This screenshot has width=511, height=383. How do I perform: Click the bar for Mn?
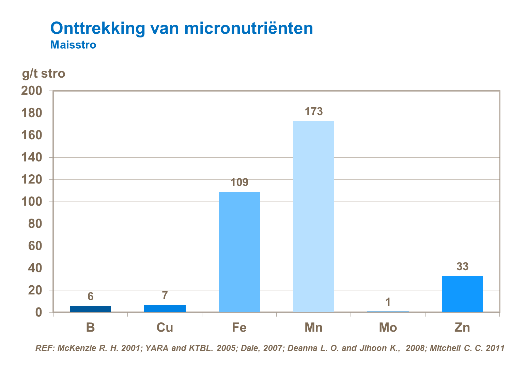(x=313, y=217)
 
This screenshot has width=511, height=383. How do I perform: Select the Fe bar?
(x=239, y=252)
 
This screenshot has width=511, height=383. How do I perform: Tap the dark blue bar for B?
(x=90, y=309)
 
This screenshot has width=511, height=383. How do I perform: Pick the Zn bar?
(x=462, y=294)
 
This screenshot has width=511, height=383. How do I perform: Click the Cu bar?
(x=165, y=308)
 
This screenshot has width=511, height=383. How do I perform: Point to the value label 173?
(x=313, y=111)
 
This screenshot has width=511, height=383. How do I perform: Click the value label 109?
(x=239, y=182)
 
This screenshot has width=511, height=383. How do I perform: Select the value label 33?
(x=462, y=267)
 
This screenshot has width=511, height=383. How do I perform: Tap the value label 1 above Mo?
(x=388, y=302)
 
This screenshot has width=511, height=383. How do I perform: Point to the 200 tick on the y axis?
(x=32, y=91)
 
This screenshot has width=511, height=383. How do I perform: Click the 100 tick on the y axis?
(x=32, y=202)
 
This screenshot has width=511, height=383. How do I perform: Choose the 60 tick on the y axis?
(x=35, y=246)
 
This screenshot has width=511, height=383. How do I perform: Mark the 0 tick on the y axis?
(x=38, y=312)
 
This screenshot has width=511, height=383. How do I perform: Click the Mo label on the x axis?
(x=388, y=328)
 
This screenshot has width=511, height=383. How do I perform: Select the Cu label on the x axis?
(x=165, y=328)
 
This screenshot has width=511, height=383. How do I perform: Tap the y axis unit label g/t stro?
(x=44, y=74)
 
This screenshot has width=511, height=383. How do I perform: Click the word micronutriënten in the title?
(x=249, y=28)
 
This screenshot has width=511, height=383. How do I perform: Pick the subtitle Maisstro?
(x=73, y=45)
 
